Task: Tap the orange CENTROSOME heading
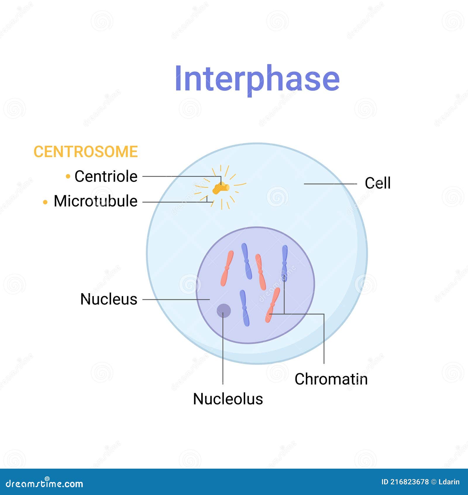(x=85, y=152)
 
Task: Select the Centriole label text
(x=106, y=176)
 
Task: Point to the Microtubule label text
(x=95, y=201)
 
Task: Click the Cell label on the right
(x=377, y=183)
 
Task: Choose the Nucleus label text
(x=109, y=299)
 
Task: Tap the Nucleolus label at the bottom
(x=228, y=399)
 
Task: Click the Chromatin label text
(x=331, y=379)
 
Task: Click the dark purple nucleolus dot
(x=224, y=311)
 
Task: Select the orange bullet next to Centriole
(x=68, y=176)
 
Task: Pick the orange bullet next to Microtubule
(x=45, y=202)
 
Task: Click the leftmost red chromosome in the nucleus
(x=227, y=268)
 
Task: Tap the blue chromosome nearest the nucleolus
(x=245, y=308)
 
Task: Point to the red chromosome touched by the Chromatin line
(x=273, y=305)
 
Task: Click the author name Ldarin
(x=449, y=482)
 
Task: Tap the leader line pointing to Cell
(x=331, y=184)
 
